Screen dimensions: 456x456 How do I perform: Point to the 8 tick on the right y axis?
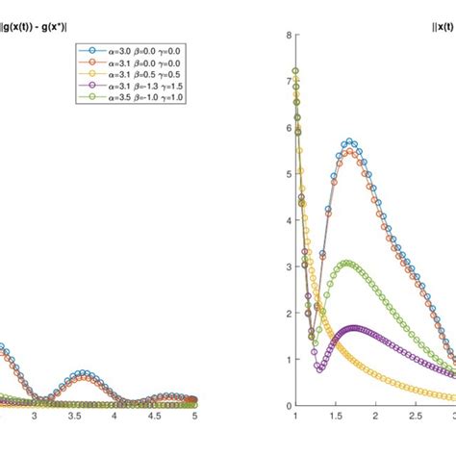pyautogui.click(x=287, y=36)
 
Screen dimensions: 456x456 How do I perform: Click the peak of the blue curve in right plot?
pyautogui.click(x=350, y=142)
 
